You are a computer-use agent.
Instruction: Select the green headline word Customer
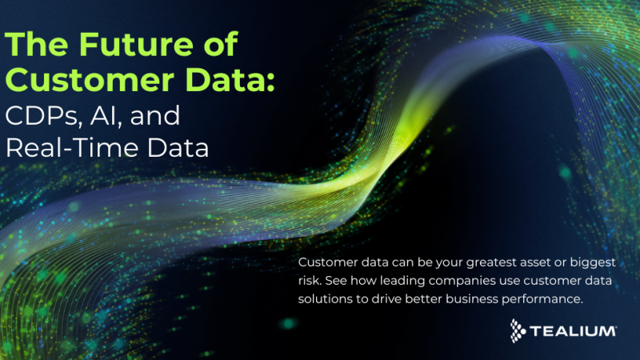click(66, 81)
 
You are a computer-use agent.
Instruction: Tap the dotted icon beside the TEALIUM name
click(519, 329)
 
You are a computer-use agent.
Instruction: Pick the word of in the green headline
click(219, 46)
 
